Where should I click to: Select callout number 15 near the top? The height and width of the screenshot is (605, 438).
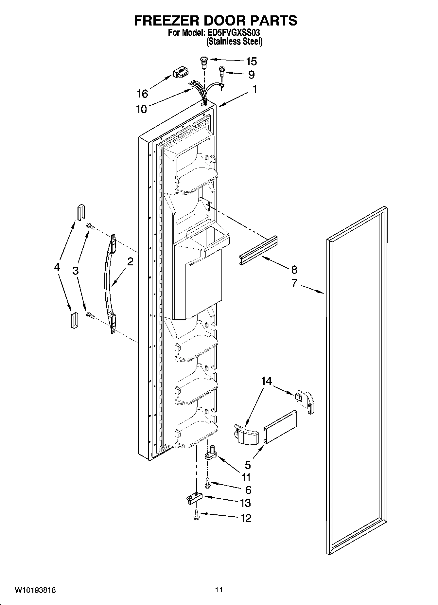tap(251, 62)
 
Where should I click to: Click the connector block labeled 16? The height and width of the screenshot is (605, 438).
tap(180, 73)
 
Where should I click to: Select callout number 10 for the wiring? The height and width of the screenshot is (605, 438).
tap(141, 109)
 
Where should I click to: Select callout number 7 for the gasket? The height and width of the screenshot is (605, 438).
tap(294, 283)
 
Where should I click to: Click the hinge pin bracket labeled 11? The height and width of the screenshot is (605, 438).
tap(210, 454)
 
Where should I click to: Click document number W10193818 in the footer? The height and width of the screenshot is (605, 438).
tap(35, 590)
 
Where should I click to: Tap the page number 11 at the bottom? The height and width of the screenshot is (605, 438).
tap(219, 590)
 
